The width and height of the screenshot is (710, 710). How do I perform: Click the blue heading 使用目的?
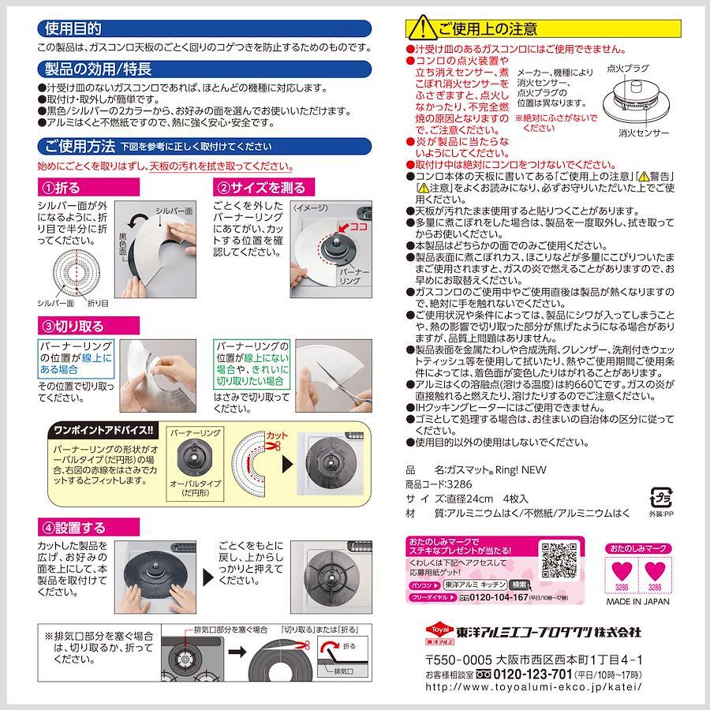click(73, 28)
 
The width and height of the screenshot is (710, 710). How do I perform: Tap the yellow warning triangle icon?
click(422, 28)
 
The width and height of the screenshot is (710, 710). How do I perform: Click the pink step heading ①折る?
click(61, 188)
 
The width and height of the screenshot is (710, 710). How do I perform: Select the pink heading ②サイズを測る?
click(261, 188)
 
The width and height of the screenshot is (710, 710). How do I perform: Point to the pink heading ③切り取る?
click(73, 326)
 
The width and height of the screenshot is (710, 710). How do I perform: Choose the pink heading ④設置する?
click(73, 528)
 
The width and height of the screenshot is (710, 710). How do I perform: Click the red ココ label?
click(358, 226)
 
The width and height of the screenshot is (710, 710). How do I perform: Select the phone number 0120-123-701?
click(532, 674)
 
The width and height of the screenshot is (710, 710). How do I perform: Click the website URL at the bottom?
click(533, 687)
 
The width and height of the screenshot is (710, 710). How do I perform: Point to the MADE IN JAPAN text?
click(637, 602)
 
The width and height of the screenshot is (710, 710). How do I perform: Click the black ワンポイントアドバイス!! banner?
click(103, 430)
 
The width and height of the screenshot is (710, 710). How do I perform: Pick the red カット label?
click(277, 435)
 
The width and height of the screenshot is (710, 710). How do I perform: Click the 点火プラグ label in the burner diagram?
click(628, 69)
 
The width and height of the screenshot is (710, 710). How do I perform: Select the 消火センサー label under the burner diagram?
click(644, 133)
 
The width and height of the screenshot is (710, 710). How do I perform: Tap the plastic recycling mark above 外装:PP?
click(660, 498)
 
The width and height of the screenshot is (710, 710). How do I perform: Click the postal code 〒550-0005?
click(458, 660)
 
